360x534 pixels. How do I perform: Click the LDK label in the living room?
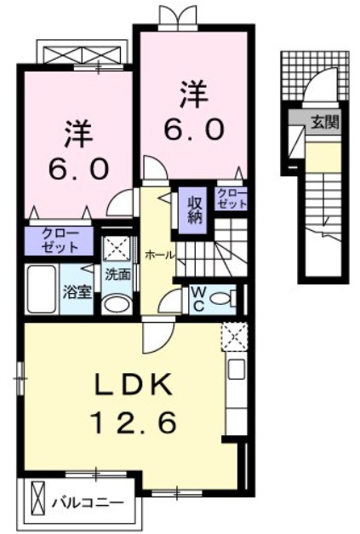pos(133,384)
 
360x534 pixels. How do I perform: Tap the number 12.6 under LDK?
pos(134,422)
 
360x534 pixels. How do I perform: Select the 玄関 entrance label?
pos(326,122)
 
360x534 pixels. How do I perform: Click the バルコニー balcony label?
pos(88,502)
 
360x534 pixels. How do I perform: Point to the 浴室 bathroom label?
pos(77,291)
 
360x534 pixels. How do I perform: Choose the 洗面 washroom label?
pos(117,274)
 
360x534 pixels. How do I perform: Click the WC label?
pos(198,299)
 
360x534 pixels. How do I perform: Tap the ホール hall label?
pos(160,256)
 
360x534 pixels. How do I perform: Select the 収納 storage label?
pos(194,210)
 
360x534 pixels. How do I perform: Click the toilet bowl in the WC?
pos(224,298)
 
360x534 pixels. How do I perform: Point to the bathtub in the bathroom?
pos(42,289)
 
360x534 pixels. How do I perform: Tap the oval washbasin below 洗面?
pos(117,304)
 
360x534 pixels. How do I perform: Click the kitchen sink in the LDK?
pos(237,369)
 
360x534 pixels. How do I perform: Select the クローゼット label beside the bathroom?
pos(60,240)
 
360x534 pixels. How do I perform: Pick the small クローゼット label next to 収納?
pos(231,198)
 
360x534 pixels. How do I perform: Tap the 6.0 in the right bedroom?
pos(194,129)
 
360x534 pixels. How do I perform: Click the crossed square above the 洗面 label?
pos(117,248)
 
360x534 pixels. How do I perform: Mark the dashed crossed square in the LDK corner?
pos(234,336)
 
